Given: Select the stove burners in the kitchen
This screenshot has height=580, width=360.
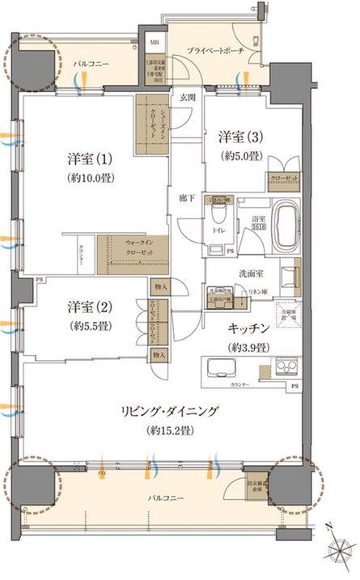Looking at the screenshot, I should click(286, 367).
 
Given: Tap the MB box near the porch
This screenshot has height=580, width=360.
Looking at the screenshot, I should click(154, 44).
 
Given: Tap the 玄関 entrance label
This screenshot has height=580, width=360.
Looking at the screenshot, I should click(187, 97).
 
